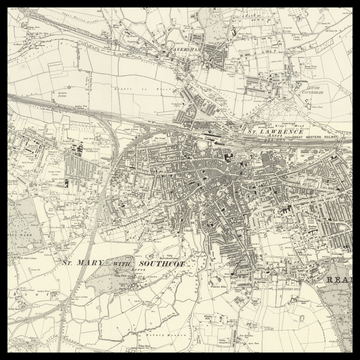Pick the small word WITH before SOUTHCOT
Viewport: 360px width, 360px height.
tap(121, 263)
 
